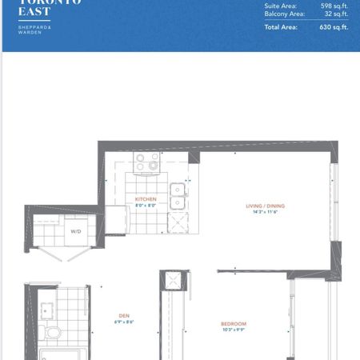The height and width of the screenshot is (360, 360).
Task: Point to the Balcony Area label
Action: pos(284,14)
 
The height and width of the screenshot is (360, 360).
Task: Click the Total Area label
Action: pos(281,26)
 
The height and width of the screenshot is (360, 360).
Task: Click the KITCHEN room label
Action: pos(146,199)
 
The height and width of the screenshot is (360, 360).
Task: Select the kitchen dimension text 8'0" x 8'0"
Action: pos(146,205)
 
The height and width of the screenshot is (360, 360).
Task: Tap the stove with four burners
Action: pos(146,163)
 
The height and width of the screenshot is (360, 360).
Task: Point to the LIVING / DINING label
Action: pos(265,206)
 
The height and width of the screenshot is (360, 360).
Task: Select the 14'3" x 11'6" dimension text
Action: pos(265,212)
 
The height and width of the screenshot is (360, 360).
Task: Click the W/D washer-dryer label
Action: pos(76,232)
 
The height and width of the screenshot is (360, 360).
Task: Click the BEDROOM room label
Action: pos(233,323)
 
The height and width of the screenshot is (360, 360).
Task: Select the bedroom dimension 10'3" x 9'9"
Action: pos(233,330)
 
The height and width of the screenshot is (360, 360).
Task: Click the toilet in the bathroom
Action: pos(53,332)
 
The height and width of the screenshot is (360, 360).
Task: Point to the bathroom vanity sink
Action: pos(46,308)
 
